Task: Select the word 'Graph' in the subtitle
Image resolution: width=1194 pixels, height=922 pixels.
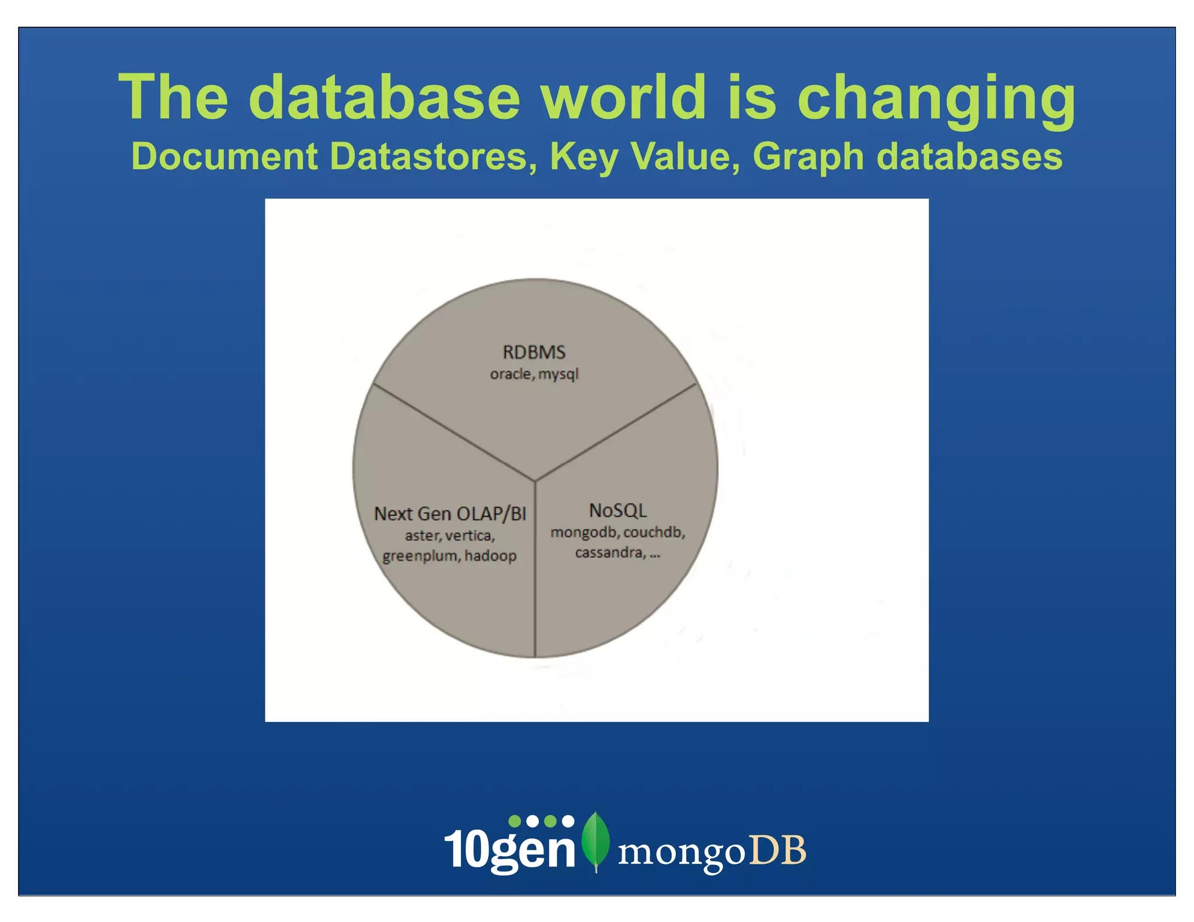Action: point(808,157)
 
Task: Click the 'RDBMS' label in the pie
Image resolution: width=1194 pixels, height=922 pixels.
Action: point(534,352)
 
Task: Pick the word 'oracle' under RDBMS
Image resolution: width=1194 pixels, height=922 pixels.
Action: point(511,374)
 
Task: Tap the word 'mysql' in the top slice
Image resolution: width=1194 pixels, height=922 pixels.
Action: point(559,375)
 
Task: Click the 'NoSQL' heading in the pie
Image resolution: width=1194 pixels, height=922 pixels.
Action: point(618,511)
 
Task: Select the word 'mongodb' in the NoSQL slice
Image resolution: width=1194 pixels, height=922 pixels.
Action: point(584,533)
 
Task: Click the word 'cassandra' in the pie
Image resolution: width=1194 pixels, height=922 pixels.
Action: point(609,553)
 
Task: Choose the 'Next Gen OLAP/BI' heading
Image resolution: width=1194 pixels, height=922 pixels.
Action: point(450,513)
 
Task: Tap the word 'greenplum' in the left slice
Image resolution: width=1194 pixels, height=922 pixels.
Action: point(420,557)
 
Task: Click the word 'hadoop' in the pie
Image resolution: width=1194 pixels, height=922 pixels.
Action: point(490,556)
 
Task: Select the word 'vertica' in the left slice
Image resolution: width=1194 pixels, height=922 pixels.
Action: point(469,536)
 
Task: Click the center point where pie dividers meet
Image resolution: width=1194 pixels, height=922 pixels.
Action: point(535,481)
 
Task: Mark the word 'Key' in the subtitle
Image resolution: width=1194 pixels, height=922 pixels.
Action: point(583,157)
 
